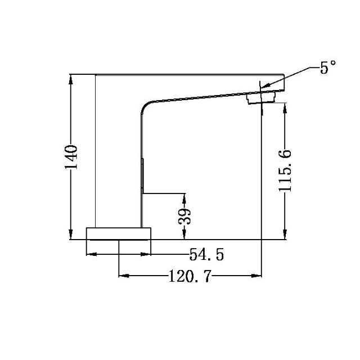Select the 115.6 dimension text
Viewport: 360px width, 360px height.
pos(286,170)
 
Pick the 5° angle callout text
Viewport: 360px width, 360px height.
pos(328,69)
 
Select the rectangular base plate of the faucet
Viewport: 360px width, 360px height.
pos(119,233)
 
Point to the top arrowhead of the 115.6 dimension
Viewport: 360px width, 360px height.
pos(286,105)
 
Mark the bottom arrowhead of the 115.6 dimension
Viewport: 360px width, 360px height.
pos(286,236)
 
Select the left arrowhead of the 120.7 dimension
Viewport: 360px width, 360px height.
pos(122,276)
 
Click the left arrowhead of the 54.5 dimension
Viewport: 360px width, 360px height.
pos(89,255)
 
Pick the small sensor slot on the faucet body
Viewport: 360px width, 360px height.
pos(143,176)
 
